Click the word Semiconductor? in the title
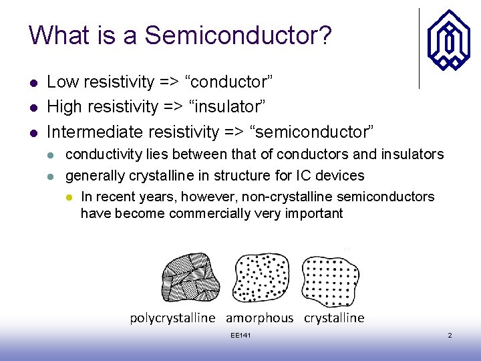[238, 35]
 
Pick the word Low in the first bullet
[61, 82]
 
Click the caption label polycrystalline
[172, 318]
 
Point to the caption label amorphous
[259, 318]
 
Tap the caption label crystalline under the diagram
[334, 318]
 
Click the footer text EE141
[240, 335]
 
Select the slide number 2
[450, 335]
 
